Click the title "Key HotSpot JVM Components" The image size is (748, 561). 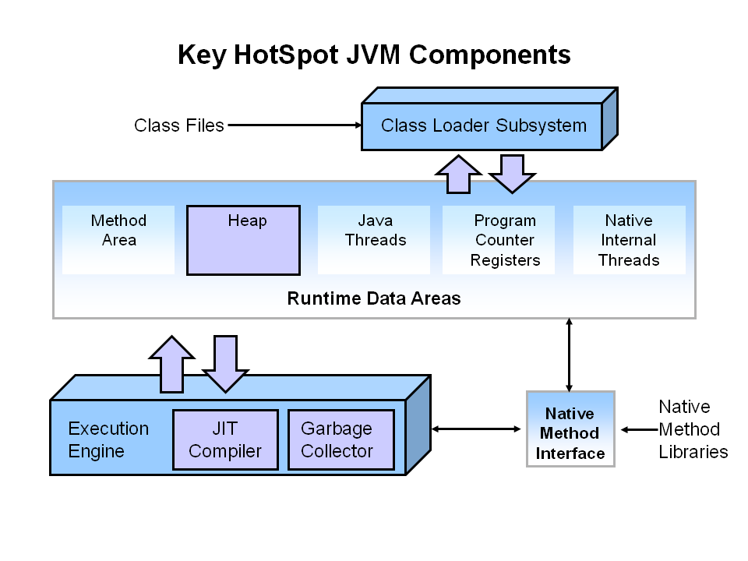pos(374,55)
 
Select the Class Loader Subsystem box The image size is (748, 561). pos(483,125)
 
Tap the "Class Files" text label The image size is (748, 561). pos(178,125)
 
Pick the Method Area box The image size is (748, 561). pos(118,239)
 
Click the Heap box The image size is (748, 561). pos(243,240)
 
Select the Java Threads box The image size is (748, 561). pos(375,239)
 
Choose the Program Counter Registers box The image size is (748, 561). pos(505,240)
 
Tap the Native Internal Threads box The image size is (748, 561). pos(629,240)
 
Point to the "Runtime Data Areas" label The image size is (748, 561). pos(374,298)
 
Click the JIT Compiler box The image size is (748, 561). pos(225,440)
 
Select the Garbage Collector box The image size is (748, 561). pos(337,440)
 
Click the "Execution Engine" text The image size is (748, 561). pos(108,440)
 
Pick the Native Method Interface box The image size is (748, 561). pos(570,433)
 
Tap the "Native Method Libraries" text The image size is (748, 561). pos(693,429)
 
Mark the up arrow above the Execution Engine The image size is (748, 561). pos(171,364)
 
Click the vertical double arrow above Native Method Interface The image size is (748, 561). pos(570,355)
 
